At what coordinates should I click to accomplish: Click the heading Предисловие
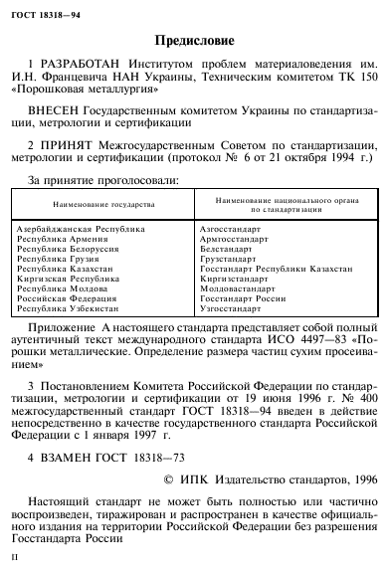click(196, 42)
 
